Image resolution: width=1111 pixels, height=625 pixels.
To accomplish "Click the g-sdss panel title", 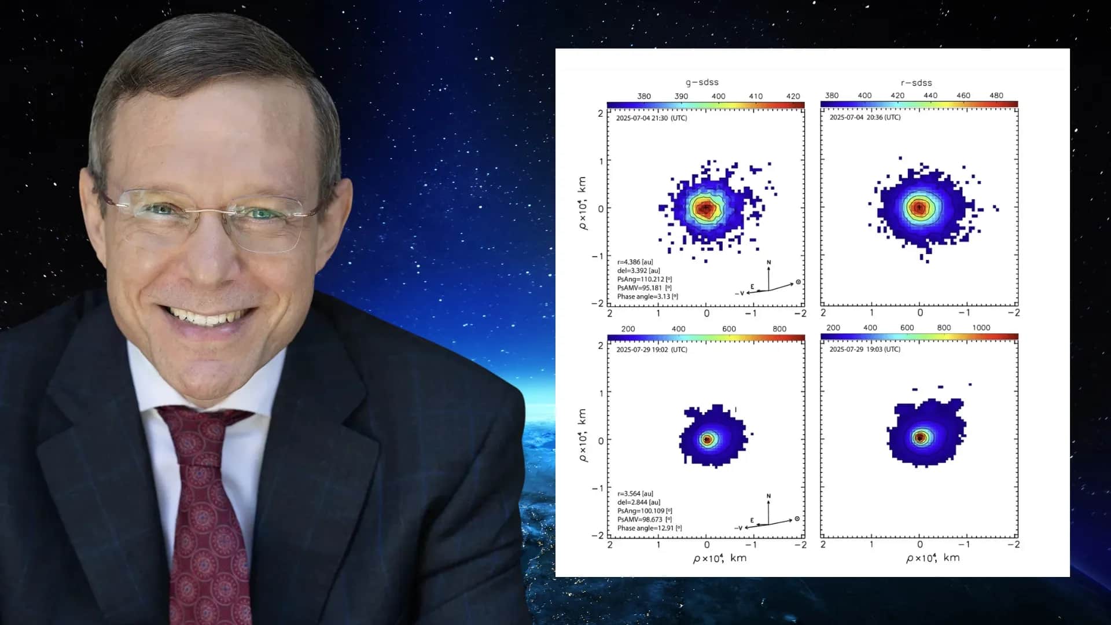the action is tap(702, 82).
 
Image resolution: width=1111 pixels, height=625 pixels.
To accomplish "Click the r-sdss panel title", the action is tap(916, 83).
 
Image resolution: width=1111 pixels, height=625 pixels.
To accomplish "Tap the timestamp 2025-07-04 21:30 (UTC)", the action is tap(652, 118).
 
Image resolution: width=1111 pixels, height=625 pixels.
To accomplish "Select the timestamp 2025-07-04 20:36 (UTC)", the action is tap(865, 117).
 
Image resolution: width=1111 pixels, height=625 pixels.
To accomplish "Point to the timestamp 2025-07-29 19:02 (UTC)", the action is tap(652, 350).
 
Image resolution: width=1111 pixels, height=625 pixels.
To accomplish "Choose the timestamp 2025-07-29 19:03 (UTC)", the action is tap(865, 350).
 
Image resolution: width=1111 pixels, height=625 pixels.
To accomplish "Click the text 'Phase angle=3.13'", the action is tap(643, 297).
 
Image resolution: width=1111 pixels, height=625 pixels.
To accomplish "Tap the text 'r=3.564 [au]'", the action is tap(635, 494).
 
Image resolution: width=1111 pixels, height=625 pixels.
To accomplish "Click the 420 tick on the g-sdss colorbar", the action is tap(793, 96).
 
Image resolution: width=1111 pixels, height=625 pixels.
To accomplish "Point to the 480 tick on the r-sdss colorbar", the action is tap(996, 95).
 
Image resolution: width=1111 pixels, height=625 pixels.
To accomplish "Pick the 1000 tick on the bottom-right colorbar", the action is tap(981, 328).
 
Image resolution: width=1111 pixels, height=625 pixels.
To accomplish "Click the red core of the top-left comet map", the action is tap(705, 208).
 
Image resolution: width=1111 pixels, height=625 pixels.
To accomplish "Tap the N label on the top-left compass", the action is tap(769, 263).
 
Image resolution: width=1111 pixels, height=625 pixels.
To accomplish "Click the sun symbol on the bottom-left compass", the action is tap(797, 519).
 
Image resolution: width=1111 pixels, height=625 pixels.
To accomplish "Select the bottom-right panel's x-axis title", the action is tap(933, 558).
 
